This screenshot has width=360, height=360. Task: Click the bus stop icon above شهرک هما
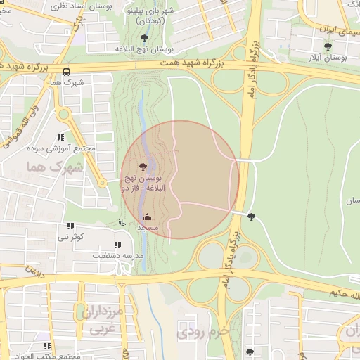66,72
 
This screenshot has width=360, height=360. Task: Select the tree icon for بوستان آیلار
328,47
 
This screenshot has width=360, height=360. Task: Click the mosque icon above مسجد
147,217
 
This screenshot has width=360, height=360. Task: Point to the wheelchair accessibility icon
122,223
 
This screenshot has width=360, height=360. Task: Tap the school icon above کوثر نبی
70,226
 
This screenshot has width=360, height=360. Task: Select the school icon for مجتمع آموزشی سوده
60,138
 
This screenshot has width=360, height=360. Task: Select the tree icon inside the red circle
143,167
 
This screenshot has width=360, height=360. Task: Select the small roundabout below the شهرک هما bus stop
65,114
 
